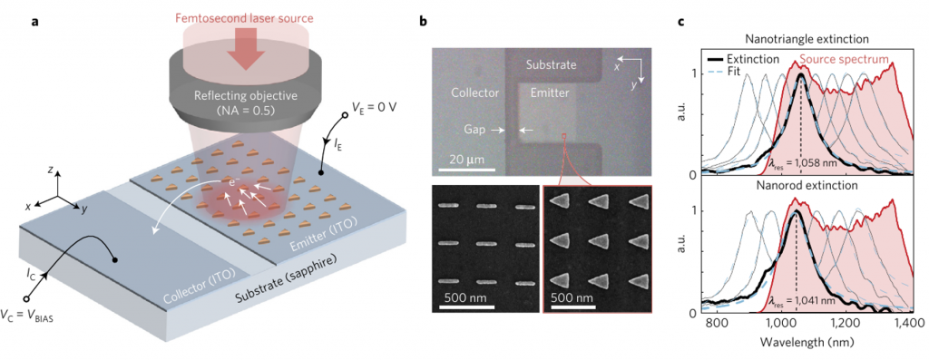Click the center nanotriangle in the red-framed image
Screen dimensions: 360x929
click(597, 244)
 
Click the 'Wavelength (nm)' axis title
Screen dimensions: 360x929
click(799, 345)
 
